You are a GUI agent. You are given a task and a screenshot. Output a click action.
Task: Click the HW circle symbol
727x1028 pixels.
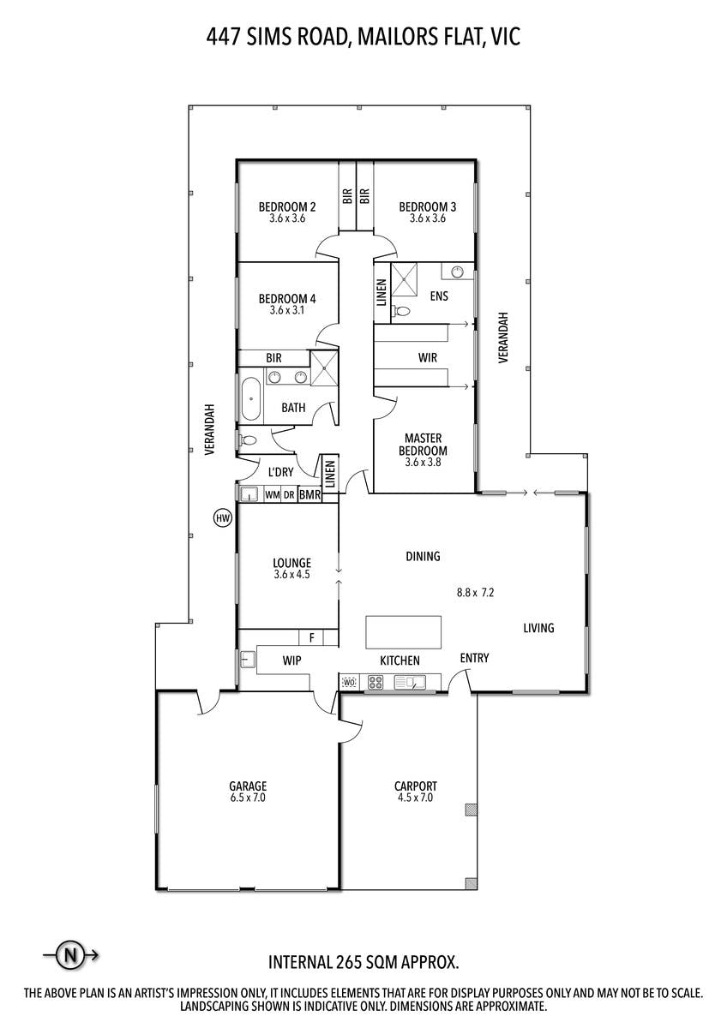point(223,518)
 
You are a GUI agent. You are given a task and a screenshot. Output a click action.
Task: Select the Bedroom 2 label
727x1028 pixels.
point(287,207)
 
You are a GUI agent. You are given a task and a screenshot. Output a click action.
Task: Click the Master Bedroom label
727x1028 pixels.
point(423,445)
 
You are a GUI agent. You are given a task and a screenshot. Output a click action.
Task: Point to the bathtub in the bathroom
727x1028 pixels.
point(250,399)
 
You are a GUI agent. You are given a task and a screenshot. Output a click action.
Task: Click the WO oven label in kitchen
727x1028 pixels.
point(350,683)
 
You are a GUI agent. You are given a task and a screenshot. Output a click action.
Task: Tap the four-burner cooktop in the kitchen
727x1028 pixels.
point(376,683)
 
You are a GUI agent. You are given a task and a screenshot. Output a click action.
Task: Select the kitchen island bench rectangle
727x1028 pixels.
point(403,632)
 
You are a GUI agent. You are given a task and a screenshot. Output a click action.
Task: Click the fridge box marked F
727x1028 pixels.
point(311,637)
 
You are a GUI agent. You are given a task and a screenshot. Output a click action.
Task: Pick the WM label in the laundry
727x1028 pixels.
point(273,495)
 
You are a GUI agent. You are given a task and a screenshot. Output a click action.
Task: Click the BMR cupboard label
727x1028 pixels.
point(309,495)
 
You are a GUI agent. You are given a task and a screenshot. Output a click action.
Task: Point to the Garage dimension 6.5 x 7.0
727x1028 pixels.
point(248,798)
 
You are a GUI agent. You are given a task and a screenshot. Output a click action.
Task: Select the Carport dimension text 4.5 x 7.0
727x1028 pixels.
point(416,798)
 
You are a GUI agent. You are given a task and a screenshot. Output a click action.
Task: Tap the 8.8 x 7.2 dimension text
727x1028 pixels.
point(475,593)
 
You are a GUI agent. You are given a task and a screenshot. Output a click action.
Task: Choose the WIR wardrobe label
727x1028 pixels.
point(428,357)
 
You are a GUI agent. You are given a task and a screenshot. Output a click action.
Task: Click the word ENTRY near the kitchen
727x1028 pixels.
point(474,658)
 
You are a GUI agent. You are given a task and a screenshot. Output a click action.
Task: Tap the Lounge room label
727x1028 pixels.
point(292,563)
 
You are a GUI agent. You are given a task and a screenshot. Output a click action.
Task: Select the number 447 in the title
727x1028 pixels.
point(223,37)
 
